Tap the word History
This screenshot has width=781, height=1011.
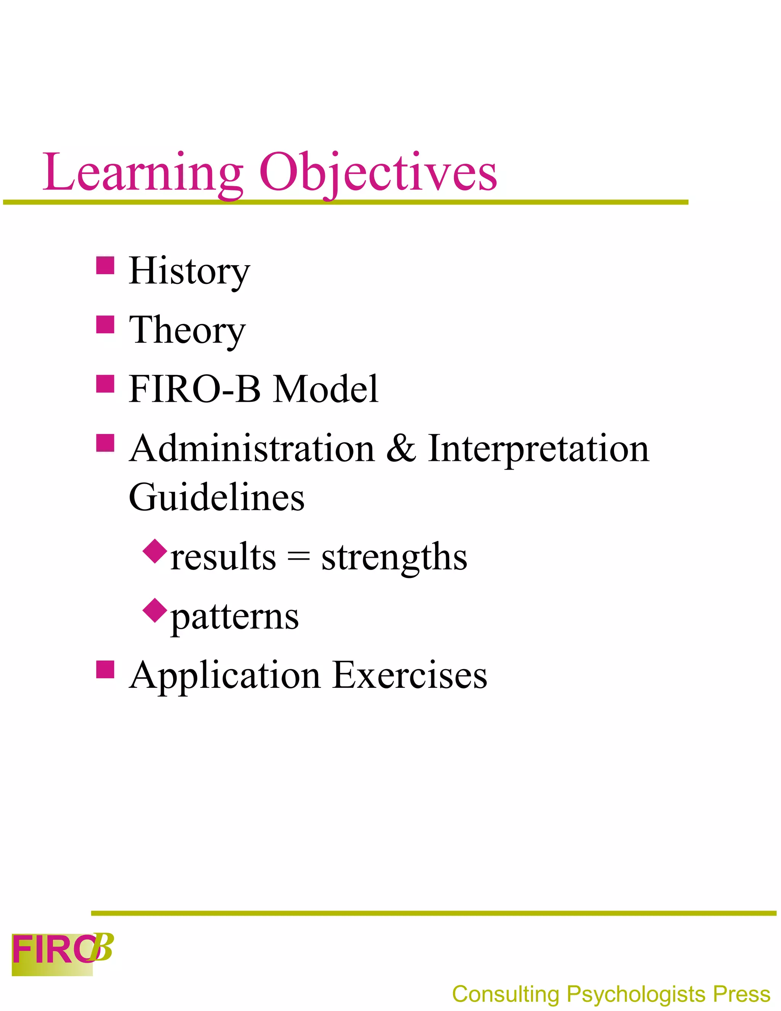[x=189, y=271]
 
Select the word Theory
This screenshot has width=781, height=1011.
[x=187, y=330]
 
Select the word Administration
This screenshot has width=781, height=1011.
[x=252, y=449]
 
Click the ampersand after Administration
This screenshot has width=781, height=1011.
[x=401, y=449]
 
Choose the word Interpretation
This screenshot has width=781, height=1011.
[x=538, y=449]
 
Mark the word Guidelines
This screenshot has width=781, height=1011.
[x=217, y=497]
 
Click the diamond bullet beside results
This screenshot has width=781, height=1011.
[x=154, y=551]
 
